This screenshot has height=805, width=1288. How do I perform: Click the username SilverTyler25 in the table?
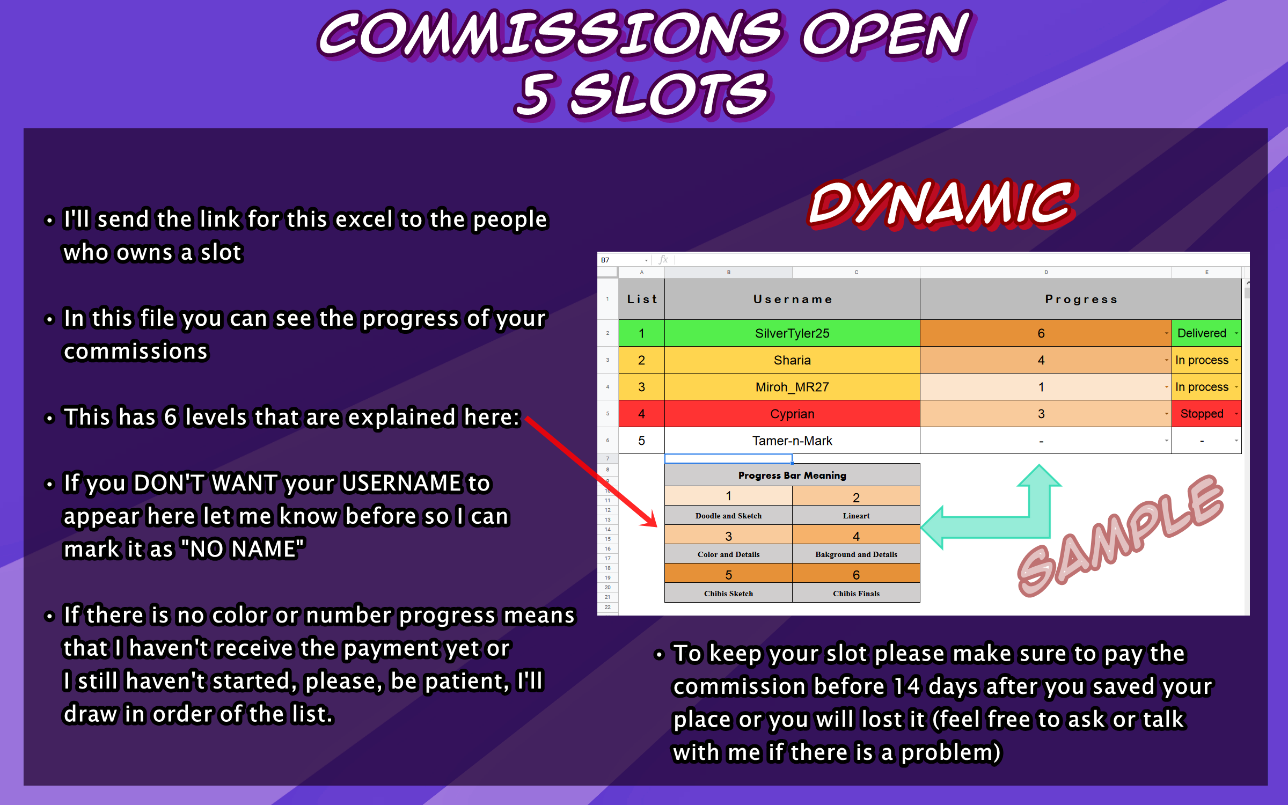click(x=792, y=333)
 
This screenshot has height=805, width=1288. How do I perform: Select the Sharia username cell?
click(x=792, y=360)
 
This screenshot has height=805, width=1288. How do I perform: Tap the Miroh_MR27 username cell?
click(x=792, y=387)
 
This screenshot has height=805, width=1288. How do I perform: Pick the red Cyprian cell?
click(x=792, y=414)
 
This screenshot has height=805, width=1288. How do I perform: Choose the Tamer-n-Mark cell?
click(x=792, y=441)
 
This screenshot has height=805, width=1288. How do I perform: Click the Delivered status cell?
click(x=1206, y=333)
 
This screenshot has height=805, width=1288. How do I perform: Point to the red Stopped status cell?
click(x=1206, y=414)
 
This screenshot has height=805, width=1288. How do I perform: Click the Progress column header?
click(x=1081, y=299)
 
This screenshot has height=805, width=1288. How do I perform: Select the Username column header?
click(x=792, y=299)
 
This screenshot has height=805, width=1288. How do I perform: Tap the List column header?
click(x=642, y=299)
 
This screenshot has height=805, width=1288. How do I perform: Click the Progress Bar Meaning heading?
click(x=792, y=475)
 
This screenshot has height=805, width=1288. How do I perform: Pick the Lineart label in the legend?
click(x=856, y=516)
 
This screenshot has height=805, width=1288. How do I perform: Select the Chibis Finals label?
click(x=856, y=594)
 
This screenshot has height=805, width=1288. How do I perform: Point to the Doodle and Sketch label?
click(x=728, y=516)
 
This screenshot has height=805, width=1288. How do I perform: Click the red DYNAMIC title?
click(x=942, y=204)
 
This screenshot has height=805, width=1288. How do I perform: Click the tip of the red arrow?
click(x=657, y=527)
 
